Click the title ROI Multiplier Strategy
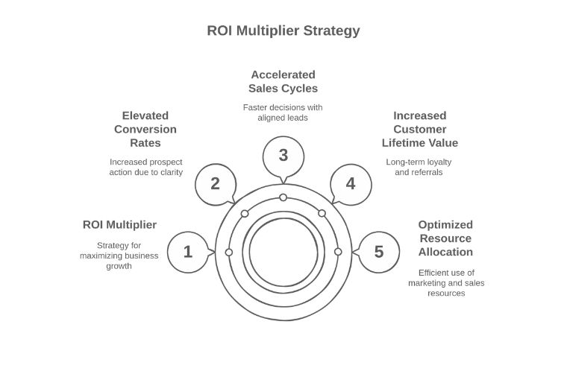pyautogui.click(x=283, y=31)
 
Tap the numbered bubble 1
pyautogui.click(x=187, y=252)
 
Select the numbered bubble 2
pyautogui.click(x=215, y=183)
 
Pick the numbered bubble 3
pyautogui.click(x=283, y=155)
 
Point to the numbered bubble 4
pyautogui.click(x=350, y=183)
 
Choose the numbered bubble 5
pyautogui.click(x=378, y=252)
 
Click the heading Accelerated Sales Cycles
pyautogui.click(x=283, y=81)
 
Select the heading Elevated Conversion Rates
pyautogui.click(x=145, y=129)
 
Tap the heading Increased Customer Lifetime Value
pyautogui.click(x=419, y=129)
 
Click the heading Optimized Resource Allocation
pyautogui.click(x=445, y=238)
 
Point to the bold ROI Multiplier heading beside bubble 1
pyautogui.click(x=119, y=224)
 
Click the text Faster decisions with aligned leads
pyautogui.click(x=283, y=113)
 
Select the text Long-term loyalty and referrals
pyautogui.click(x=419, y=167)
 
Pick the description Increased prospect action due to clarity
pyautogui.click(x=145, y=167)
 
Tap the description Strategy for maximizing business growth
pyautogui.click(x=119, y=256)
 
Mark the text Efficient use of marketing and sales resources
pyautogui.click(x=446, y=282)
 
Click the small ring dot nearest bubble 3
pyautogui.click(x=283, y=197)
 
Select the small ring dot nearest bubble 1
pyautogui.click(x=229, y=252)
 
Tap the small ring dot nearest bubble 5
pyautogui.click(x=338, y=252)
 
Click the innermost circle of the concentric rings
pyautogui.click(x=283, y=252)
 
